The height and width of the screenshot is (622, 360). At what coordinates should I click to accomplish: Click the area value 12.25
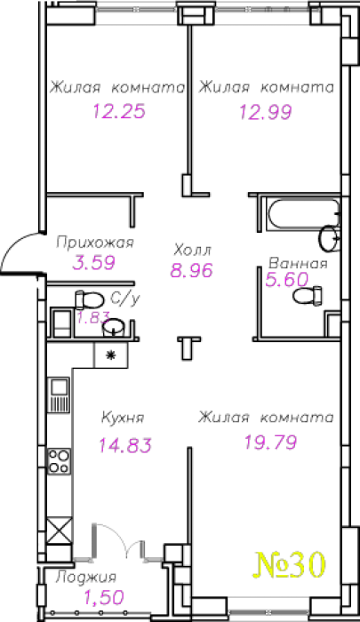[119, 111]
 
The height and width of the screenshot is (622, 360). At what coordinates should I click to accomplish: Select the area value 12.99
[266, 112]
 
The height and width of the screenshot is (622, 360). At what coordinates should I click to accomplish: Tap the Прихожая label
[95, 243]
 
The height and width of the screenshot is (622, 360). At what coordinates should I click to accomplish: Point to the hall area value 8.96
[192, 270]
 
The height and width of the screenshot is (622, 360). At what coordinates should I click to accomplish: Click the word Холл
[193, 250]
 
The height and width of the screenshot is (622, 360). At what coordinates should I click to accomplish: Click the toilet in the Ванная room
[308, 295]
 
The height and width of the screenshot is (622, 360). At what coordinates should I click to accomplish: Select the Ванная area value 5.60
[286, 280]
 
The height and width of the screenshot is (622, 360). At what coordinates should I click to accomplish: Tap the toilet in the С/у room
[89, 300]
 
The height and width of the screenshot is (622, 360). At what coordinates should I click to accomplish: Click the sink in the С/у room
[114, 327]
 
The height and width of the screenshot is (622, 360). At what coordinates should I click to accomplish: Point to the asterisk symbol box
[111, 355]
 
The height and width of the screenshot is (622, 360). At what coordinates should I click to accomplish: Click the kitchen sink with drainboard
[59, 395]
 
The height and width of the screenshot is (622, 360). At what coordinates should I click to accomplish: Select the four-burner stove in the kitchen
[60, 461]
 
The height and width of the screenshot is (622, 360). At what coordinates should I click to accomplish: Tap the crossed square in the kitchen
[60, 530]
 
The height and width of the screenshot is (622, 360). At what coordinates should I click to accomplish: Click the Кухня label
[123, 418]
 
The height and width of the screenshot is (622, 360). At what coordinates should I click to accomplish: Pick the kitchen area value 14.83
[125, 445]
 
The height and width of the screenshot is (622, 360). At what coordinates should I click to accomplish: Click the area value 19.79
[271, 442]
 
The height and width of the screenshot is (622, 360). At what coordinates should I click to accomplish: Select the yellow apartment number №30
[290, 564]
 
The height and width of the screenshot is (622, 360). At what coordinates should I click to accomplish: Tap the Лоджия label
[86, 577]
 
